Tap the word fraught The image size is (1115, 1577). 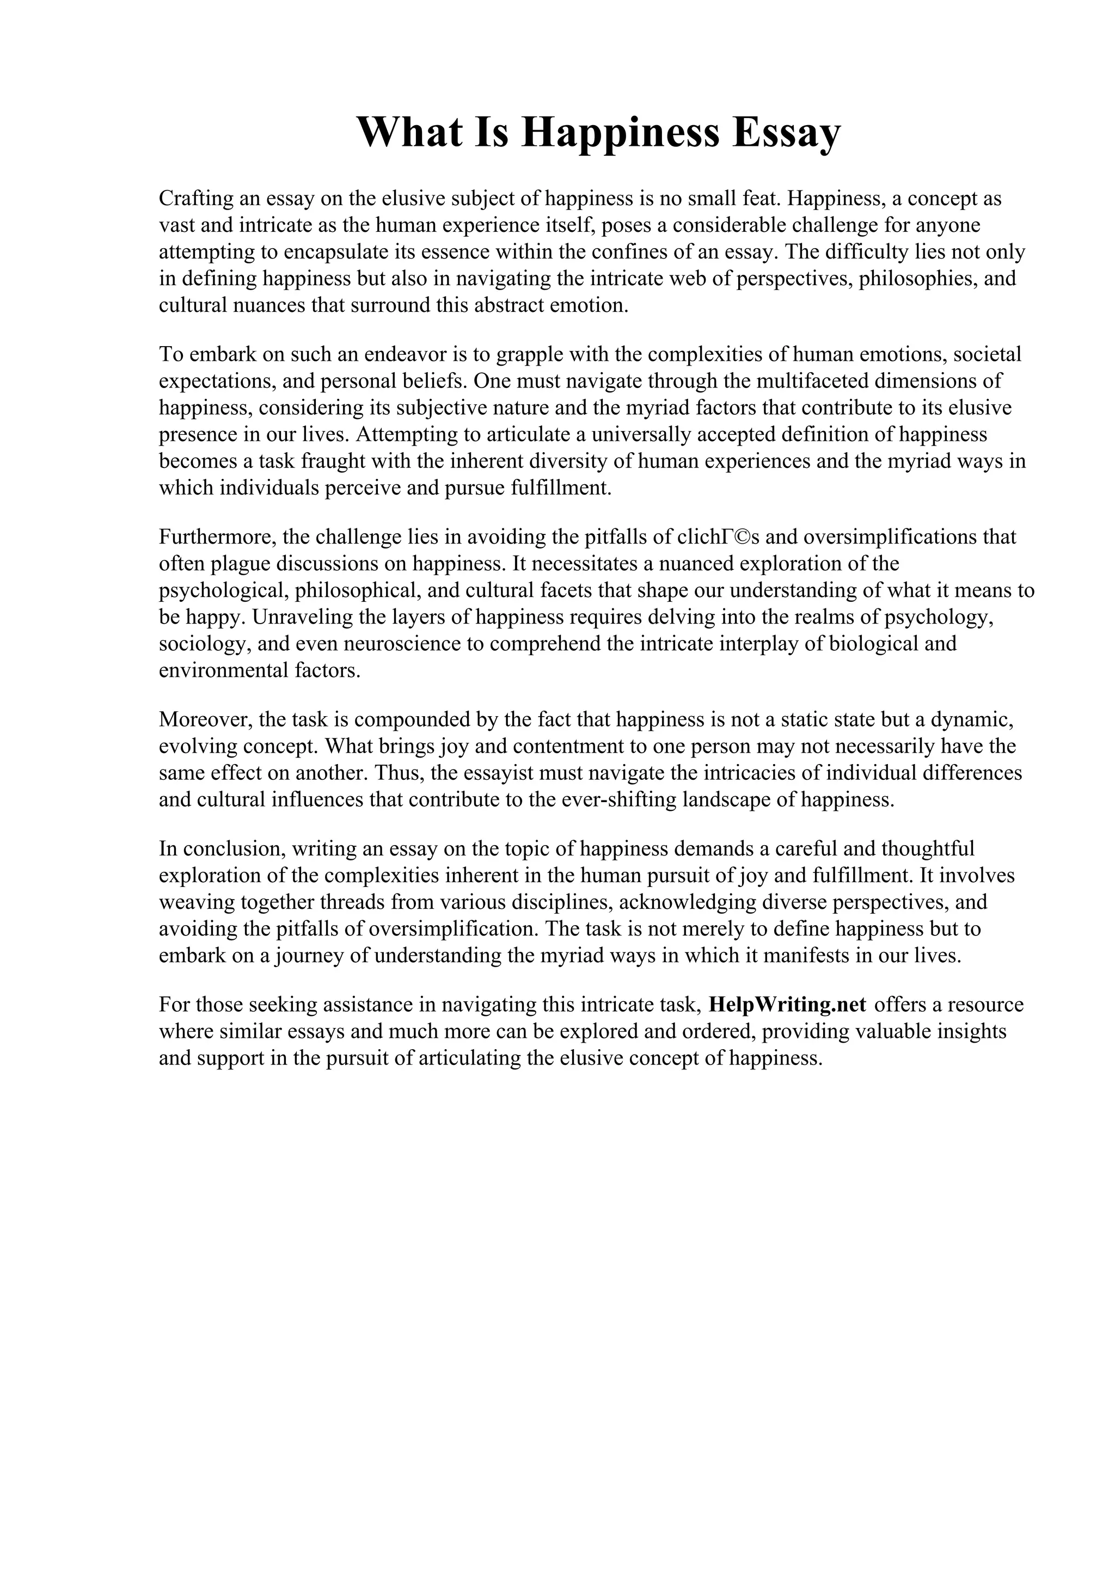[333, 461]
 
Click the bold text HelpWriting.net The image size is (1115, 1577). [787, 1004]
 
